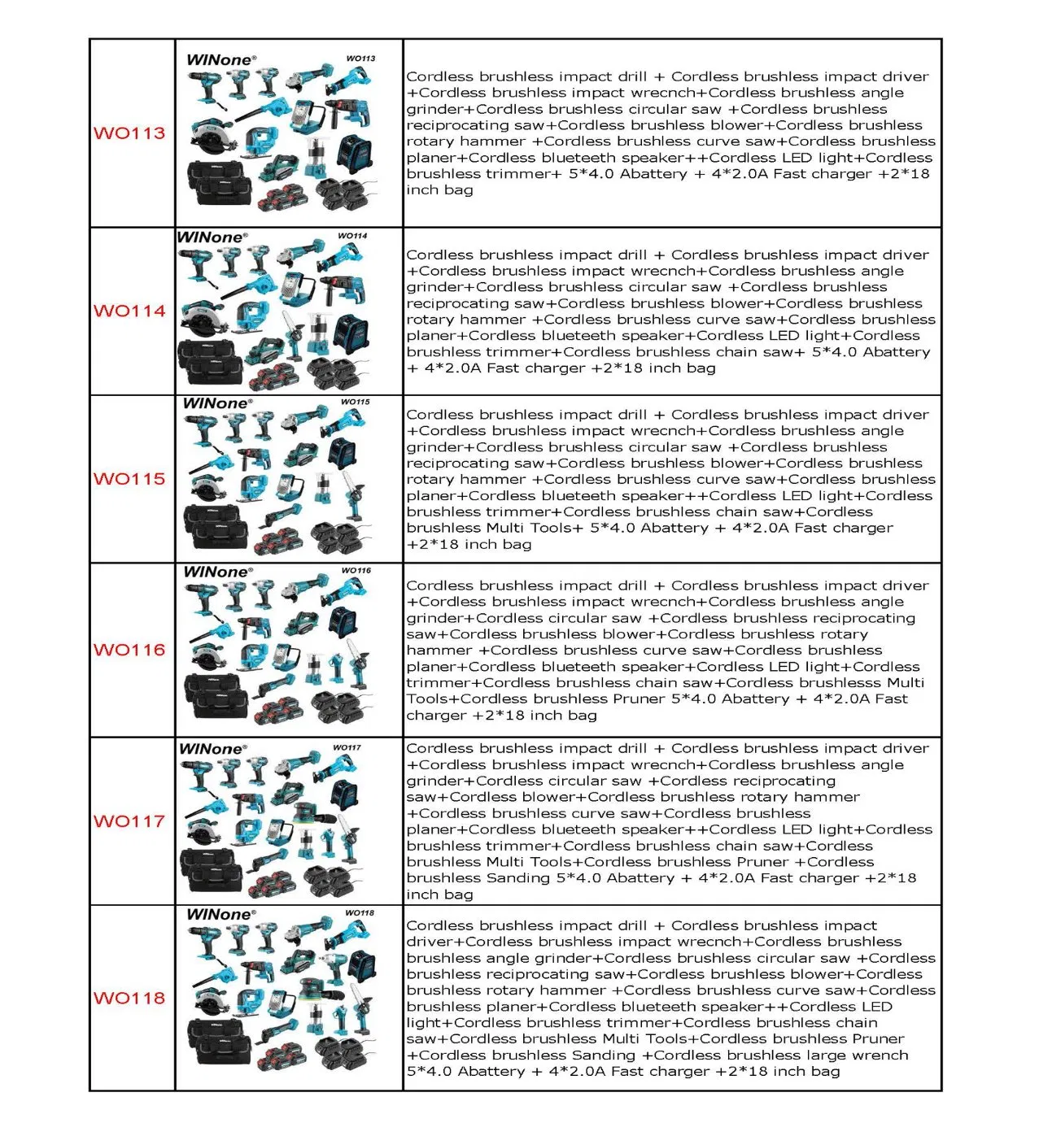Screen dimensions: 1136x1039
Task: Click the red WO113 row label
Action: tap(129, 133)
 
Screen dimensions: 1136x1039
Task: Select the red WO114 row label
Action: tap(129, 311)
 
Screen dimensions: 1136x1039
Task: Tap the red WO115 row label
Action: tap(129, 479)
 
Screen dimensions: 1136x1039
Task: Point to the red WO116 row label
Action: tap(129, 650)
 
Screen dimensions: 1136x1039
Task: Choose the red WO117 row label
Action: tap(129, 821)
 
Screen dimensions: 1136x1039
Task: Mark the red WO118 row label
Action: tap(129, 999)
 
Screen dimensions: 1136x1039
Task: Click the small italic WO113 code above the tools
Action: tap(360, 59)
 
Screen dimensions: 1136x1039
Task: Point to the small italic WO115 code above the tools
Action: tap(356, 402)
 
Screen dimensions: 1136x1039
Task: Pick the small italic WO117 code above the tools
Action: tap(347, 747)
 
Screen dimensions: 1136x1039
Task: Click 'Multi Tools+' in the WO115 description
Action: tap(535, 529)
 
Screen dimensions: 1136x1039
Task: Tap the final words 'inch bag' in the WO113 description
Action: tap(439, 190)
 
